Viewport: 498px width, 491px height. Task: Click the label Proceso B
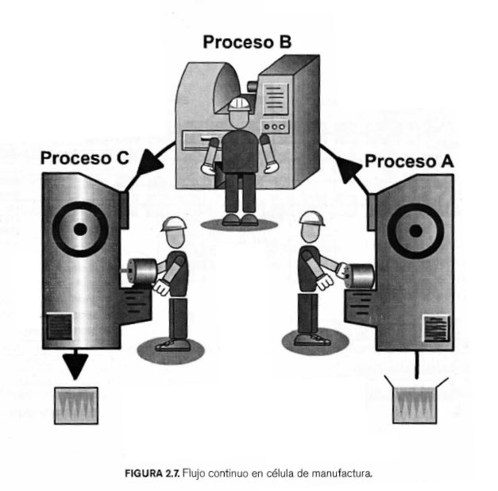pos(247,41)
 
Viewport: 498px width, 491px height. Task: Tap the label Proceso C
pos(84,157)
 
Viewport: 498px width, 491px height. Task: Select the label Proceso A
pos(410,161)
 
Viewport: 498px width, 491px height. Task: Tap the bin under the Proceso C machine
pos(75,405)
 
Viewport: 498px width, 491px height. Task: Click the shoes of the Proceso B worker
pos(240,218)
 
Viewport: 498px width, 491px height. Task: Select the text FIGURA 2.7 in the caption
pos(152,474)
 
